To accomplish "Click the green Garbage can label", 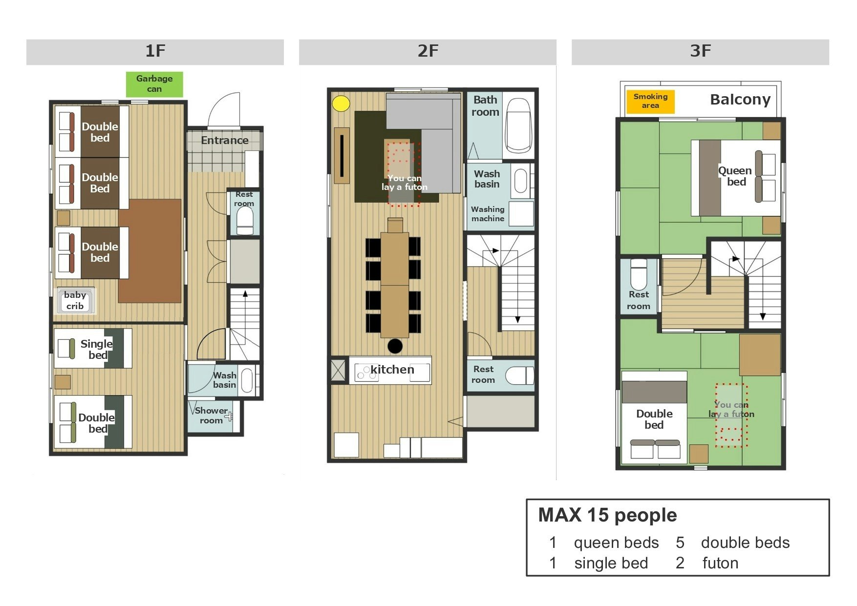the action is [x=154, y=84].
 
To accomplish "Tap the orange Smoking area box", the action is [x=650, y=102].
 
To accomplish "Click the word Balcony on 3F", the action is [x=740, y=100].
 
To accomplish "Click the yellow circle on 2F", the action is [x=341, y=104].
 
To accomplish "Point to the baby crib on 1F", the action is [x=76, y=300].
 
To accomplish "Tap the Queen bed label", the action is [x=735, y=176].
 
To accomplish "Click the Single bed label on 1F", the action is [x=97, y=349].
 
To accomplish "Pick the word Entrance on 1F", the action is [x=225, y=141].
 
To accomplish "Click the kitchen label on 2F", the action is [x=392, y=370].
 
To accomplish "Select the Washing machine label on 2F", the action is [x=488, y=214].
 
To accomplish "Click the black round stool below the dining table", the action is [x=395, y=346].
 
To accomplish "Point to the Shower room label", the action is [x=211, y=416].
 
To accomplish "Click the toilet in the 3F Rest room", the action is [x=639, y=274].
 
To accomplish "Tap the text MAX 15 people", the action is [x=607, y=515].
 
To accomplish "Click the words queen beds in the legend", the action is [x=616, y=543].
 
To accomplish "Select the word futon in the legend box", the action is [x=720, y=563].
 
